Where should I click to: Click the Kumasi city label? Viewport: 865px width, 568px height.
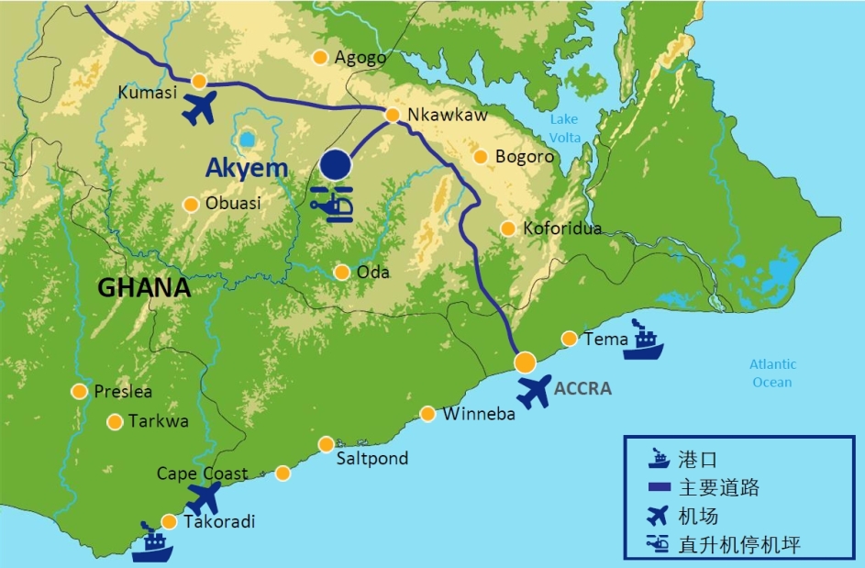pos(147,92)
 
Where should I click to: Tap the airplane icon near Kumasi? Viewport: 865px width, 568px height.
pos(199,107)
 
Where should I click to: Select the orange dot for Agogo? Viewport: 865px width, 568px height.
pos(320,57)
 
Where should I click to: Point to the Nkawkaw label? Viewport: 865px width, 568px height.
pos(447,116)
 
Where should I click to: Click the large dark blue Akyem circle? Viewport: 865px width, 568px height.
pos(336,165)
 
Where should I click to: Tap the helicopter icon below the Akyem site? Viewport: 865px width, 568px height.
pos(332,204)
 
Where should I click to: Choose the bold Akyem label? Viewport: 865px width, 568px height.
pos(246,168)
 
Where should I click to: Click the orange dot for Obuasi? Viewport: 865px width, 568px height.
pos(191,204)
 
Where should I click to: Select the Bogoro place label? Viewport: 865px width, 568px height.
pos(525,157)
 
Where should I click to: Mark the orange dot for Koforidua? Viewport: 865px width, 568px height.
pos(507,228)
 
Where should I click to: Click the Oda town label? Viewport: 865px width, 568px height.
pos(373,273)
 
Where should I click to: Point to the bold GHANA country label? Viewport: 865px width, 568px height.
pos(143,287)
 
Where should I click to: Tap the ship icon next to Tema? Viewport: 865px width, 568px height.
pos(643,340)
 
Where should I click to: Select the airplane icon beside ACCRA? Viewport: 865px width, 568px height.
pos(534,391)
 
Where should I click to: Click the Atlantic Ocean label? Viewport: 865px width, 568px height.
pos(772,373)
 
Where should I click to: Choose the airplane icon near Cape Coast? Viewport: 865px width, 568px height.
pos(204,498)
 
